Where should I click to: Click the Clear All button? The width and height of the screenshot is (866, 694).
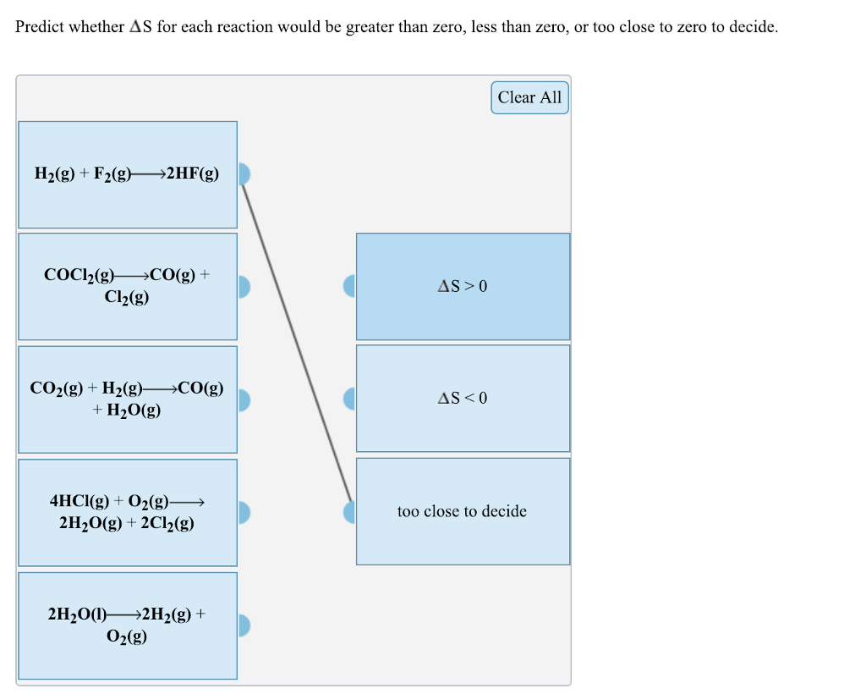529,97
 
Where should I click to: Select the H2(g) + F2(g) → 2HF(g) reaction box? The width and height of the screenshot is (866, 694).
128,174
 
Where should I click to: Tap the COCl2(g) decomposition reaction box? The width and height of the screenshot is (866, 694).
128,286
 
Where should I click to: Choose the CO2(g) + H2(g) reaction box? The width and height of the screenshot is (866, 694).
128,399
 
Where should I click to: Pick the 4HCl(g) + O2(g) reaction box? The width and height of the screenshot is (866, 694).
128,512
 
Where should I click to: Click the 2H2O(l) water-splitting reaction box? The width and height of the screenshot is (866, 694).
128,625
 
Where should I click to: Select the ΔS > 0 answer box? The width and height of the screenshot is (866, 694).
463,286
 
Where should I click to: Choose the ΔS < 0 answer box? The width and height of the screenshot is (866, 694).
463,398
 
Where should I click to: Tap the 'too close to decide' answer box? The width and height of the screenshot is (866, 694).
463,511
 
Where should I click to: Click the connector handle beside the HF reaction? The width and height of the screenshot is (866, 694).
244,174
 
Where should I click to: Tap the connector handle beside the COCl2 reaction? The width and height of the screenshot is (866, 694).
244,287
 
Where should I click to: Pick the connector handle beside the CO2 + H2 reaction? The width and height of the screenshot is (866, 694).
244,399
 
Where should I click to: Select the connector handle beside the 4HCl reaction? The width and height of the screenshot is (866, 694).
244,512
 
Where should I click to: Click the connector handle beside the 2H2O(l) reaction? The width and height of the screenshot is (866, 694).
244,625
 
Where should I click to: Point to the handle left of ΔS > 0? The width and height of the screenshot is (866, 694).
349,286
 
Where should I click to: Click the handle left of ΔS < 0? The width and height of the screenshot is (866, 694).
349,399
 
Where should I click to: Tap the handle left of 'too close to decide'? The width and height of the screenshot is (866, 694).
349,511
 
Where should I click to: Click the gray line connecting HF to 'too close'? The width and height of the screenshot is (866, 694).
297,343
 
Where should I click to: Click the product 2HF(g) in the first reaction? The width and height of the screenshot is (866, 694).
193,174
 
